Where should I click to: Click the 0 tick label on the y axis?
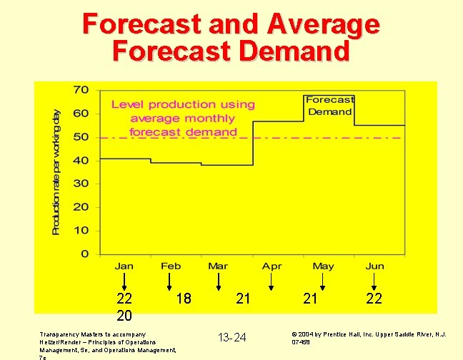pos(84,254)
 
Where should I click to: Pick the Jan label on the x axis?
pos(124,266)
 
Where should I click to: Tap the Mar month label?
pos(218,266)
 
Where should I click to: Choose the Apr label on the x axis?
pos(272,266)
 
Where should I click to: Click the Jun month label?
pos(375,266)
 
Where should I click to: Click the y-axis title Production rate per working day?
pos(57,171)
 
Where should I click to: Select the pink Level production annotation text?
pos(183,118)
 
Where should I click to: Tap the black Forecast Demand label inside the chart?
pos(329,106)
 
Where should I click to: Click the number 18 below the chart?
pos(184,299)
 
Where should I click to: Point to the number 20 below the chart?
pos(125,315)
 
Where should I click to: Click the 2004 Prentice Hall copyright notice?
pos(369,337)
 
